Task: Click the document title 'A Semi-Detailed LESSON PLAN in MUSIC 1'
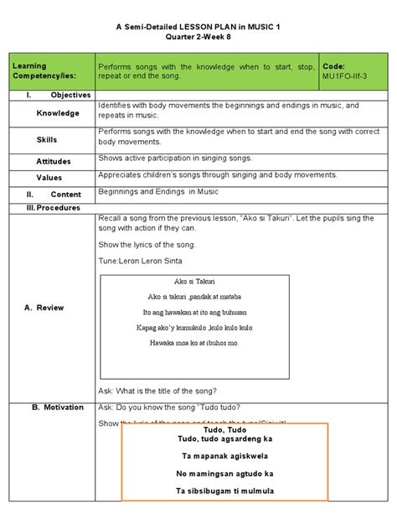coord(198,27)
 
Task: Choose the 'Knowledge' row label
coord(58,113)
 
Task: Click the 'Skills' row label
coord(47,140)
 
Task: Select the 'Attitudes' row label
coord(54,161)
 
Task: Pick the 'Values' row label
coord(49,178)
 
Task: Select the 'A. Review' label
coord(44,308)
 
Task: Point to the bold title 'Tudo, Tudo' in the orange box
coord(225,429)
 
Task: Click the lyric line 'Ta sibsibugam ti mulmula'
coord(225,491)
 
